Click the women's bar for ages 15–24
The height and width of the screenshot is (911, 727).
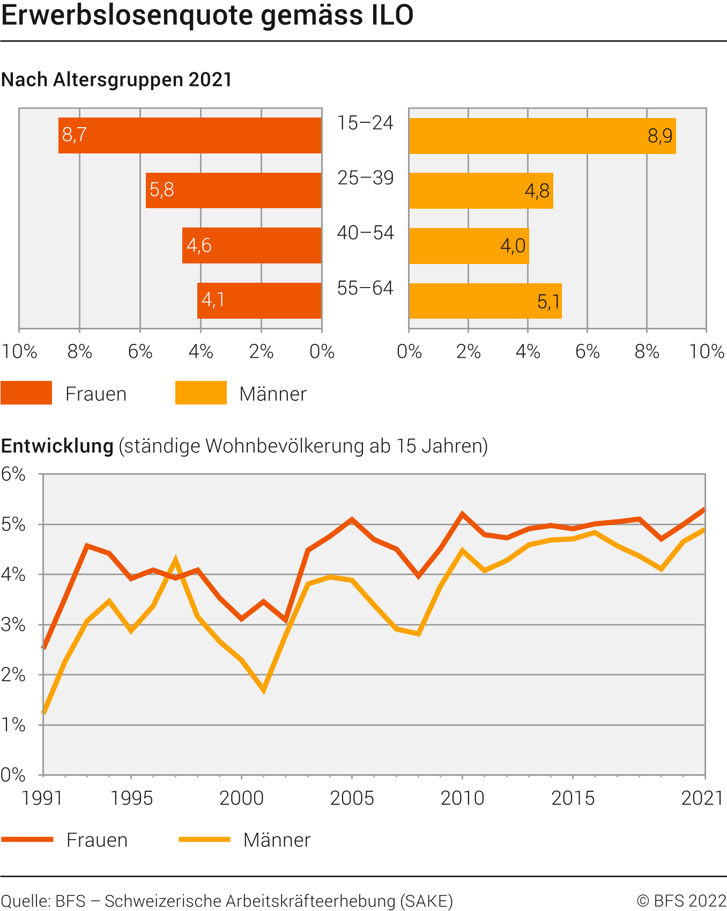190,135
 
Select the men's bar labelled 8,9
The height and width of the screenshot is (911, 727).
542,136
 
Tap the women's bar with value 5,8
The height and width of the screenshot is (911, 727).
233,190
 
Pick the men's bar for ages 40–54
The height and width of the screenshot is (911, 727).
469,246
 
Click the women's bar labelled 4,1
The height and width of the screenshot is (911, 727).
259,300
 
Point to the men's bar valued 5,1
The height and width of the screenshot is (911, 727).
485,301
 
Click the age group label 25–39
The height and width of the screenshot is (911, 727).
365,178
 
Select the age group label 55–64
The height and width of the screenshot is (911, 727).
365,289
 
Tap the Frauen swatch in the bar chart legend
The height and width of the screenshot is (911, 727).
26,393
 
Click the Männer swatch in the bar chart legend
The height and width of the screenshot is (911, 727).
201,393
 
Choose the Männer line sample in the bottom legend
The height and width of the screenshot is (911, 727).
204,839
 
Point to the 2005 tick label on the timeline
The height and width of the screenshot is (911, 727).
352,798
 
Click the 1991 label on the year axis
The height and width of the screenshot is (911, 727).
42,798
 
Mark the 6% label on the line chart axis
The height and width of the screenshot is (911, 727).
13,474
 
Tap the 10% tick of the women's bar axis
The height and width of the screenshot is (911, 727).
19,352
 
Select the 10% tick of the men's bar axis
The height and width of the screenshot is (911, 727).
707,352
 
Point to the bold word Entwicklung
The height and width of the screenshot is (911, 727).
57,446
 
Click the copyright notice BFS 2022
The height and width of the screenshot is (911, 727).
681,901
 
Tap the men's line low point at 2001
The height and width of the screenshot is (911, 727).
264,689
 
